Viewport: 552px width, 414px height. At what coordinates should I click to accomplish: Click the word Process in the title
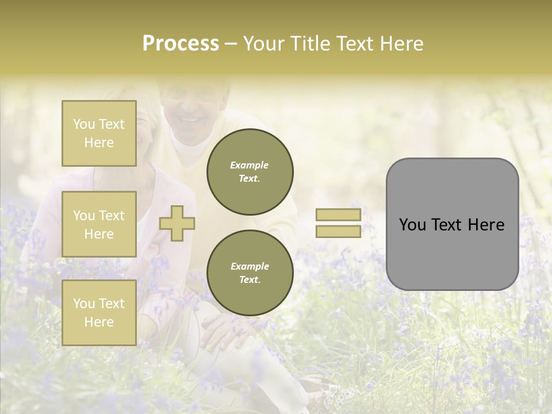coord(181,44)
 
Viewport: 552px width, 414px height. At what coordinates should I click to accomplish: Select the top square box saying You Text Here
coord(99,133)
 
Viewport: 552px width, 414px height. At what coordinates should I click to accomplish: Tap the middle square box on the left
coord(99,224)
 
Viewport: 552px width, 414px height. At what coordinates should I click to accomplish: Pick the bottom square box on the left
coord(99,312)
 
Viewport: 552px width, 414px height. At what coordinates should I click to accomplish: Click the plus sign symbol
coord(177,223)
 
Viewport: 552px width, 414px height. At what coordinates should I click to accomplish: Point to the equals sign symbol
coord(338,223)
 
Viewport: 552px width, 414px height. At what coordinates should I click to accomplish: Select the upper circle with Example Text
coord(250,171)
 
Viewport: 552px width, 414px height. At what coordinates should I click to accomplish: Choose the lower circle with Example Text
coord(250,273)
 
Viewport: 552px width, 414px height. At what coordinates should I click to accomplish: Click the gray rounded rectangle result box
coord(452,224)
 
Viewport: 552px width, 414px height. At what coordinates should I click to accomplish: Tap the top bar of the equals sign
coord(338,214)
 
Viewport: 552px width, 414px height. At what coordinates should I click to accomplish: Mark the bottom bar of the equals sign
coord(338,232)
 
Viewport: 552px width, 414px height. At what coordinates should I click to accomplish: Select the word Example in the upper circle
coord(250,165)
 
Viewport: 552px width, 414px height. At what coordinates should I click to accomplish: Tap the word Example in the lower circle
coord(250,266)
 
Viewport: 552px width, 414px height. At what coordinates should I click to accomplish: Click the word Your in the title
coord(264,44)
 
